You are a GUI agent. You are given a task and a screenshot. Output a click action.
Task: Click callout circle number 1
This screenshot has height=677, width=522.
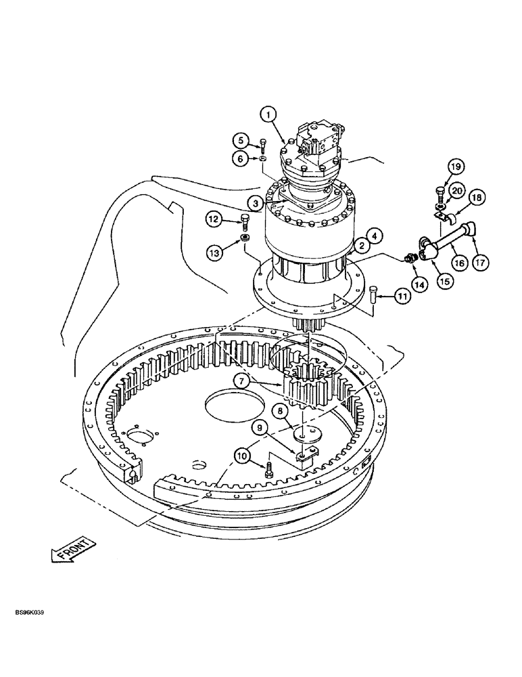tap(270, 116)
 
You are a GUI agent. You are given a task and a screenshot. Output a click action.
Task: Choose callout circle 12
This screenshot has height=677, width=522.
tap(214, 219)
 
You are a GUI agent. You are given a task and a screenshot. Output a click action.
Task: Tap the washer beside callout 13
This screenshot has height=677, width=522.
tap(244, 238)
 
